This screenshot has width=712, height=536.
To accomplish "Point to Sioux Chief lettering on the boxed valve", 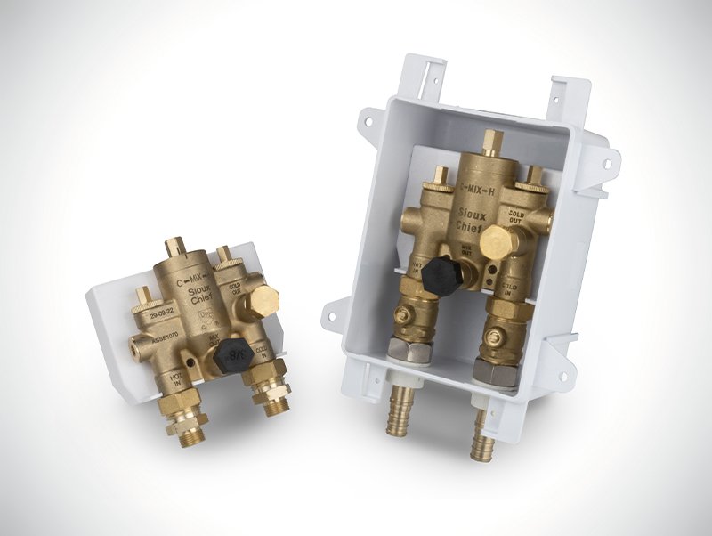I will click(x=472, y=221).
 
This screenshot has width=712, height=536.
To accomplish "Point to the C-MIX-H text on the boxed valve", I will click(x=488, y=188).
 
